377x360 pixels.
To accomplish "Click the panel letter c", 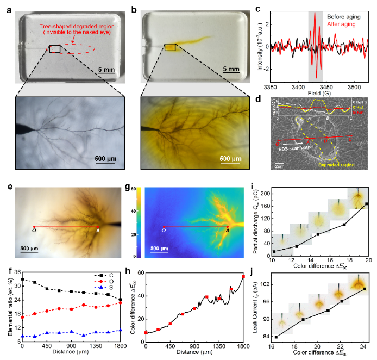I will tap(258, 9).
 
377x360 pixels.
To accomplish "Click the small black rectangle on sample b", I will tap(170, 48).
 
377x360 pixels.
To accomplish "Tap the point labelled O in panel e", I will tap(34, 227).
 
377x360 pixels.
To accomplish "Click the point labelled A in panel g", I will tap(228, 227).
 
